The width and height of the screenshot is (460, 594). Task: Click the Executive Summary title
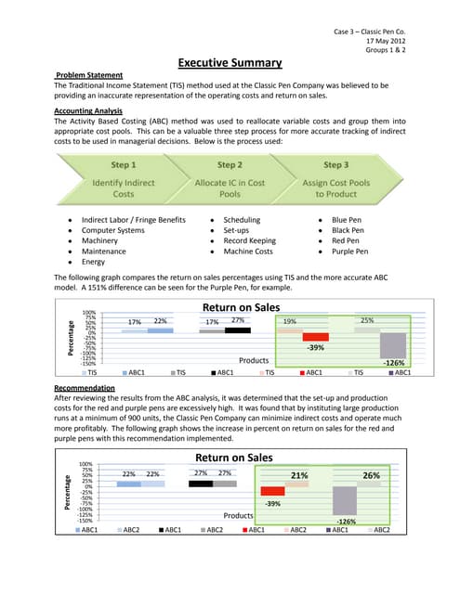click(x=230, y=63)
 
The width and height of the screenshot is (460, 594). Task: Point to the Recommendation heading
click(x=85, y=387)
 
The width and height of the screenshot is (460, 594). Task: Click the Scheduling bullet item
click(x=242, y=219)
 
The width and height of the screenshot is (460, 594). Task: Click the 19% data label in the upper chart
click(x=290, y=321)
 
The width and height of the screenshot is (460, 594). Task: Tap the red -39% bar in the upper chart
click(x=316, y=338)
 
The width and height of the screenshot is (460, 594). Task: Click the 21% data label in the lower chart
click(x=299, y=475)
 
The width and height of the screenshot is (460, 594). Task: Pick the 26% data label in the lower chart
click(x=372, y=475)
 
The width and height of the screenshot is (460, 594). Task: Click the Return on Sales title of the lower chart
click(x=233, y=458)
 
